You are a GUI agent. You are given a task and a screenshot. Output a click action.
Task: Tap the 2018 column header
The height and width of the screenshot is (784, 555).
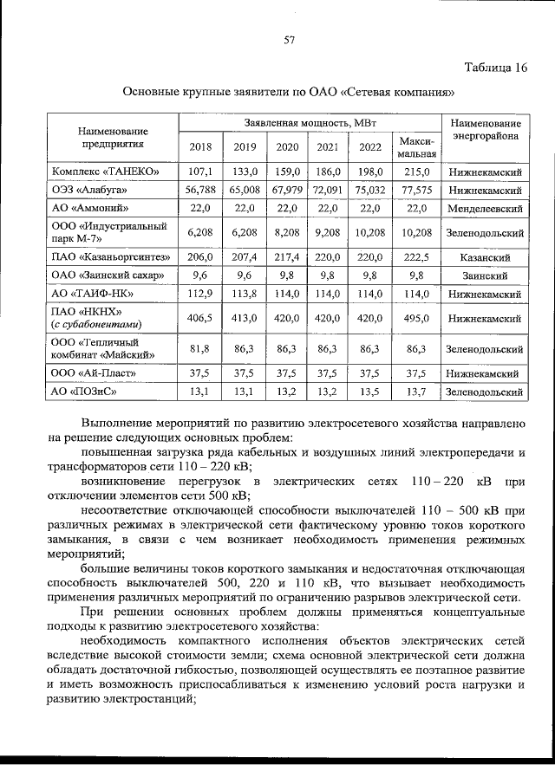pos(199,146)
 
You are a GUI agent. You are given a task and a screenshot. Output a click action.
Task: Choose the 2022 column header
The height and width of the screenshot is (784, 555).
pos(369,146)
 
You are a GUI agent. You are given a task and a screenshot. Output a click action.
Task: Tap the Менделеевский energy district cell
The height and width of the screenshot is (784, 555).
pos(485,209)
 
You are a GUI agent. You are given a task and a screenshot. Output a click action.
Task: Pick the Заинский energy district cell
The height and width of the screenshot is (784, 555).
pos(485,275)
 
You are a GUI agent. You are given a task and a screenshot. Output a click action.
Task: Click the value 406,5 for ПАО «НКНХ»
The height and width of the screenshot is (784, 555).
pos(199,318)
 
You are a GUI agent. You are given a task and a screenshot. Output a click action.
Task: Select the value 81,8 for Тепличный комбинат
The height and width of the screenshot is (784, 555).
pos(199,348)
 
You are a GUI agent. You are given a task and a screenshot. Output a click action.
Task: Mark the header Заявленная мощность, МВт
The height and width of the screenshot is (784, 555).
pos(309,123)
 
